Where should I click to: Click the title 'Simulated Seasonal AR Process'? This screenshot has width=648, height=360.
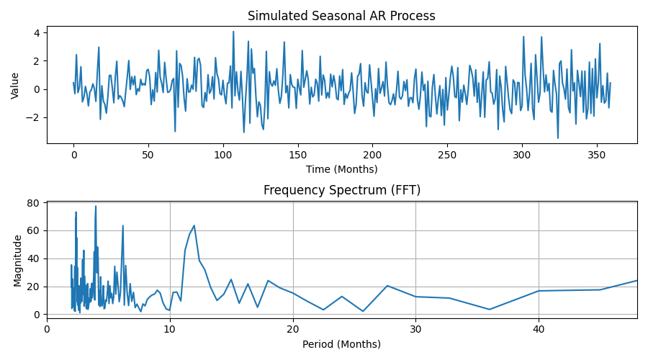(341, 16)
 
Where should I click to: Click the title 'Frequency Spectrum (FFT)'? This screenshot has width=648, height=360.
(341, 190)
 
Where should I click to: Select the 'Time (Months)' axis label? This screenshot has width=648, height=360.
(341, 169)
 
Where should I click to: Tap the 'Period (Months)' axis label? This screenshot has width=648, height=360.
(341, 344)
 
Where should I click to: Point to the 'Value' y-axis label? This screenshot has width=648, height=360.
(15, 85)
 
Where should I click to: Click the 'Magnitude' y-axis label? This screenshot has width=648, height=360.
(18, 260)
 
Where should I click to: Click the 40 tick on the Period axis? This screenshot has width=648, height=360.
(539, 329)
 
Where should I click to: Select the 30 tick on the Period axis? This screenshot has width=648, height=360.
(415, 329)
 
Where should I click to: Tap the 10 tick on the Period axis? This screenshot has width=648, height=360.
(169, 329)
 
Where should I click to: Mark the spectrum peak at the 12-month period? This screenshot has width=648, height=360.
(194, 225)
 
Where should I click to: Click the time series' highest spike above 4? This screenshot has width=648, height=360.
(233, 31)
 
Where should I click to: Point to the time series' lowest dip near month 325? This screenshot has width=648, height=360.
(557, 138)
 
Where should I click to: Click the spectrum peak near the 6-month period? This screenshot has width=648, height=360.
(122, 225)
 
